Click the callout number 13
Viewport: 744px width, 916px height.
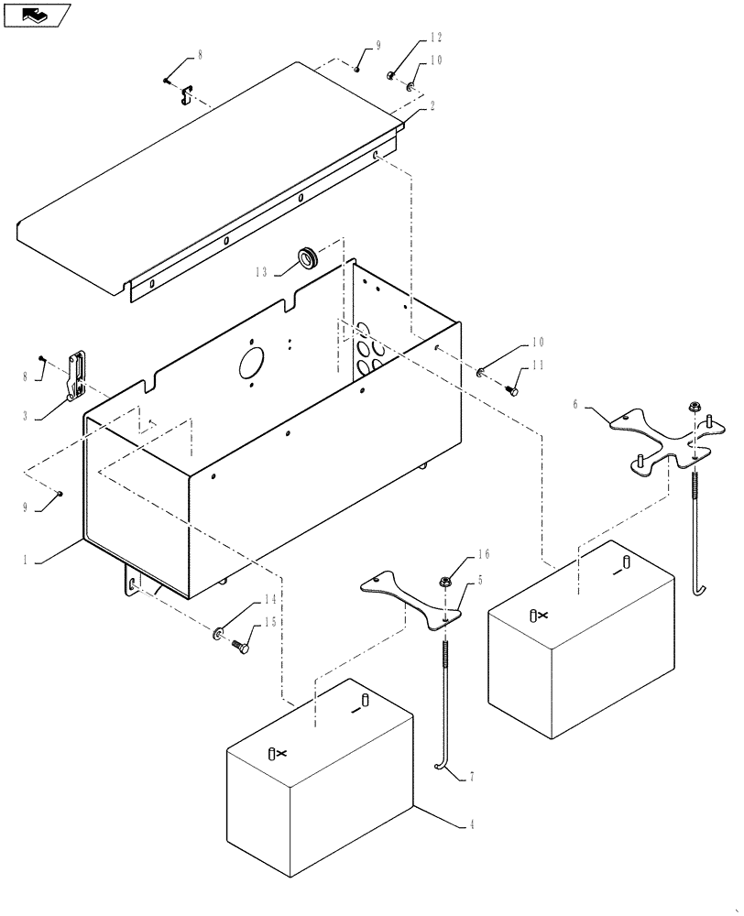click(x=262, y=271)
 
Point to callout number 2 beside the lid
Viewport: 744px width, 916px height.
click(x=432, y=106)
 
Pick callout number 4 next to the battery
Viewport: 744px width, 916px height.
click(x=471, y=825)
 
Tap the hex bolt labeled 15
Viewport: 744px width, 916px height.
click(x=241, y=647)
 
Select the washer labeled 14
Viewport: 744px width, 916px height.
click(x=220, y=633)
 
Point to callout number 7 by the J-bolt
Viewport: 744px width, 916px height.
click(x=472, y=777)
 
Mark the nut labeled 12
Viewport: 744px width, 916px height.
click(x=390, y=76)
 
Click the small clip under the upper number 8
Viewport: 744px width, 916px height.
click(x=186, y=93)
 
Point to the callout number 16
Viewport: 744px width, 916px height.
click(x=482, y=555)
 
